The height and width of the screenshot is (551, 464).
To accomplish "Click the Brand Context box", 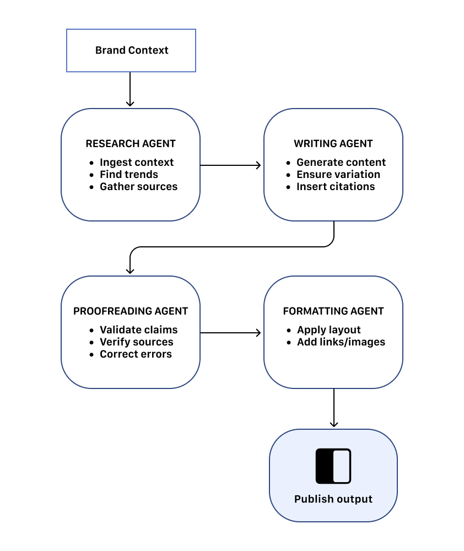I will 131,50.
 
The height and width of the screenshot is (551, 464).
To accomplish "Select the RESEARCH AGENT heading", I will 131,144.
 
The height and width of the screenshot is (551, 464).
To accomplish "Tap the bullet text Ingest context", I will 136,163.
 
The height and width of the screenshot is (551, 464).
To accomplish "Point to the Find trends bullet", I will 128,175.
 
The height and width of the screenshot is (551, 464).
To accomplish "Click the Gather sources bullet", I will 138,187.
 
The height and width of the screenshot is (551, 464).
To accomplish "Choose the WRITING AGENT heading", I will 333,144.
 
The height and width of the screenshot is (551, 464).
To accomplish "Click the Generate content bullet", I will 341,163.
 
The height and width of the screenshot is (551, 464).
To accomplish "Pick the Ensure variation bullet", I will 338,175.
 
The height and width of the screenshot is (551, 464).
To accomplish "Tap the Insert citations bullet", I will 335,187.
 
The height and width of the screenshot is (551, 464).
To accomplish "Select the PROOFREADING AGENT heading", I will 131,311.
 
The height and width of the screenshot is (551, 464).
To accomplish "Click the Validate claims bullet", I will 138,330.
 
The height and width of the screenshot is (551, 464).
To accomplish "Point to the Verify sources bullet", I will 136,342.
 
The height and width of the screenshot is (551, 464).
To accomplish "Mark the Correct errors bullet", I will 136,354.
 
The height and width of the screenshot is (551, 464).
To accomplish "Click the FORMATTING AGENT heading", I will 333,311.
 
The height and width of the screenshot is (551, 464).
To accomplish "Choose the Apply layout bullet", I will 328,330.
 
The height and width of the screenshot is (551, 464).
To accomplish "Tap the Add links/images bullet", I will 341,342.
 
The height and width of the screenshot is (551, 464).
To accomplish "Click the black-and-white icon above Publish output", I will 333,466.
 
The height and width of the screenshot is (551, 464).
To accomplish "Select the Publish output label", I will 333,499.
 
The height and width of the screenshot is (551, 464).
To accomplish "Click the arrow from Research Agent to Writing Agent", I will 231,165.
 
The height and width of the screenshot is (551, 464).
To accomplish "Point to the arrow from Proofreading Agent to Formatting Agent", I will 231,332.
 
